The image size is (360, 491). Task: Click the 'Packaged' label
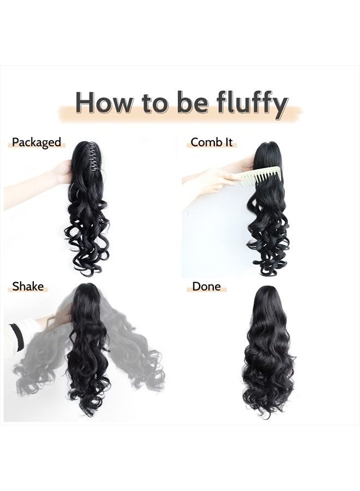(x=37, y=142)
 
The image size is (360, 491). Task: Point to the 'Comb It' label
(x=212, y=142)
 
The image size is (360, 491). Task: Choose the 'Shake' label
(x=28, y=286)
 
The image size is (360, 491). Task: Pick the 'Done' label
(x=207, y=286)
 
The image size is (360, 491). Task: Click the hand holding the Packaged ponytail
(x=63, y=172)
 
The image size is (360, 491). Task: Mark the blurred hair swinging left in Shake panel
(x=41, y=360)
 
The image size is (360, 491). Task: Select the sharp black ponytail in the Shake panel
(x=87, y=349)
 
